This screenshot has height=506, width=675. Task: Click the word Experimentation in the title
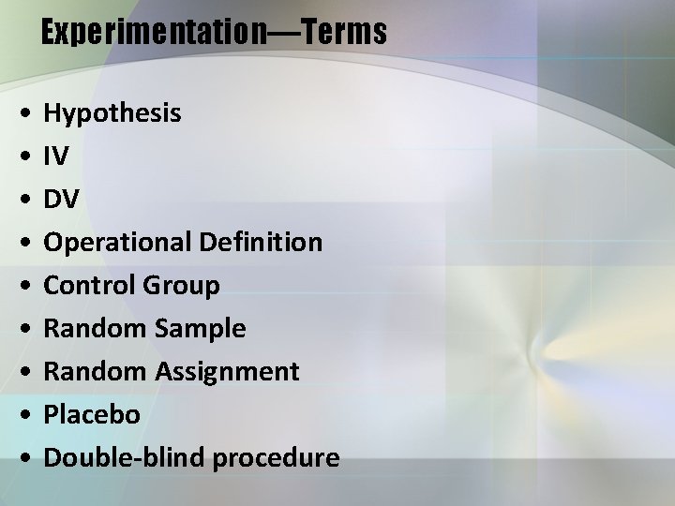click(154, 33)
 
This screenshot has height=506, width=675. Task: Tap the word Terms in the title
click(344, 33)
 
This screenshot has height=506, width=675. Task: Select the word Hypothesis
click(112, 114)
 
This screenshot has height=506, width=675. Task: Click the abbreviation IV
click(56, 156)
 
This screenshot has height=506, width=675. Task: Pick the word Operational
click(119, 243)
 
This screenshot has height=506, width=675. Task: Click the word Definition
click(261, 243)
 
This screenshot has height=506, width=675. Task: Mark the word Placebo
click(92, 414)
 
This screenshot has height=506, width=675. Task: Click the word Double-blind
click(126, 457)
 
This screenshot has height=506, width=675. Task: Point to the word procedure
click(277, 458)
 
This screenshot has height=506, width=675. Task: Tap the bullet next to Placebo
click(21, 415)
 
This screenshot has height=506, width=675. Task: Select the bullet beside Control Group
click(21, 286)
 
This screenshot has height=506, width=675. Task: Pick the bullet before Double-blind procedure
click(21, 458)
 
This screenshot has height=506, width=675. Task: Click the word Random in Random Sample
click(95, 328)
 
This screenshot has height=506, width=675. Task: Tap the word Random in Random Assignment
click(95, 371)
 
